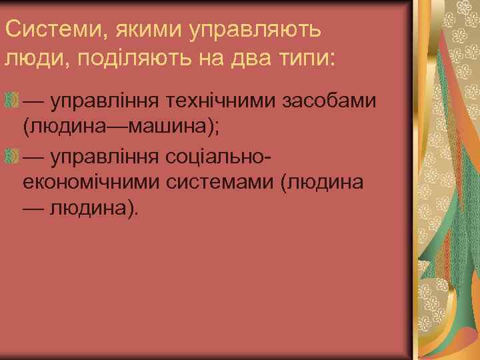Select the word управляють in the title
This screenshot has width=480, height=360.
257,30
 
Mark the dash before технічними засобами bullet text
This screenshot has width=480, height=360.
33,101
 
